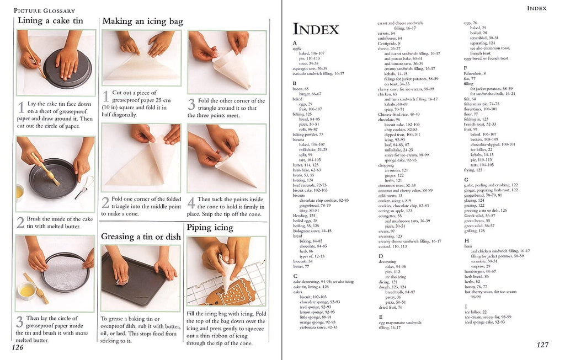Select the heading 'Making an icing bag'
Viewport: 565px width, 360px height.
coord(143,22)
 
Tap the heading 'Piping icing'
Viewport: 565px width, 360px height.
coord(210,227)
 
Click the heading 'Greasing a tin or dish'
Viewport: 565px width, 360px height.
coord(141,237)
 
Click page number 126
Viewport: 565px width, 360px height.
coord(17,347)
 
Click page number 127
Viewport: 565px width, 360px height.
coord(542,345)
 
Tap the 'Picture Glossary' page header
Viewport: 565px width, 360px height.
coord(44,10)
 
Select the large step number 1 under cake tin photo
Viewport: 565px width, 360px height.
coord(20,108)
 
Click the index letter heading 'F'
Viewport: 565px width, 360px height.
coord(466,68)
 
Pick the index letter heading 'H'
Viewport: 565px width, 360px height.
coord(466,241)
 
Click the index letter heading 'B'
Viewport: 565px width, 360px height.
coord(295,83)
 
